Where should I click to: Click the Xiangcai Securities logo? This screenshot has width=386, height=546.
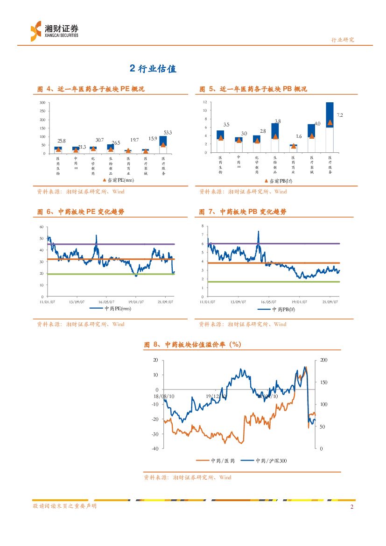click(x=54, y=31)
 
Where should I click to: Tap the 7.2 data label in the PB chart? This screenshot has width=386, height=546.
click(x=340, y=114)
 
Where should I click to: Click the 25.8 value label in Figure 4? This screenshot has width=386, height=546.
click(x=61, y=141)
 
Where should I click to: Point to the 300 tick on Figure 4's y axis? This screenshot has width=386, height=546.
click(x=42, y=103)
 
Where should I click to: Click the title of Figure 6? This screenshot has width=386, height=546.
click(x=81, y=212)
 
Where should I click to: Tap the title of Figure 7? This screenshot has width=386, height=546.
click(x=243, y=212)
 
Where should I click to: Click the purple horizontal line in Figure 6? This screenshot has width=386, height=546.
click(x=117, y=244)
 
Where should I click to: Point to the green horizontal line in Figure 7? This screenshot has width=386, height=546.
click(x=280, y=282)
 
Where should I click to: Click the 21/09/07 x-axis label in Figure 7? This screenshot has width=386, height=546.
click(x=330, y=302)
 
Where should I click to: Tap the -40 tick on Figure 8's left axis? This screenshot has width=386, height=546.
click(x=154, y=448)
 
